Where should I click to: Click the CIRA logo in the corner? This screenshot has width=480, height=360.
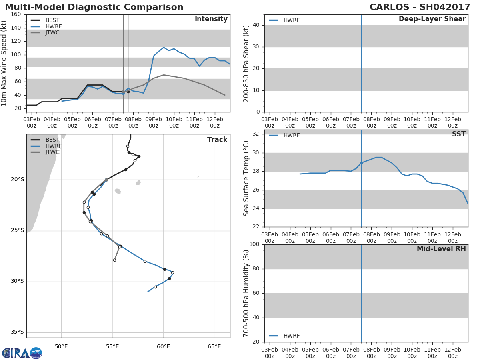22,353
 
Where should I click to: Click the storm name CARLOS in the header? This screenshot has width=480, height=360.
389,7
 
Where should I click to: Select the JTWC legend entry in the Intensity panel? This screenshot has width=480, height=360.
46,33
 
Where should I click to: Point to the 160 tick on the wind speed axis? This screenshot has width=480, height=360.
16,14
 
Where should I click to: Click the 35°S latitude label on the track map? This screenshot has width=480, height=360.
17,332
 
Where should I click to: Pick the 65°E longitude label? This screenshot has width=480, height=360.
214,346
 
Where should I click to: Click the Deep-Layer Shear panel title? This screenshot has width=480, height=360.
432,19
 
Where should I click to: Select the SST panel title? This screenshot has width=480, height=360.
459,134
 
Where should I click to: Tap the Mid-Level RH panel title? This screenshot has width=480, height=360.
441,249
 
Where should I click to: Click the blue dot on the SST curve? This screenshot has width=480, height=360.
361,163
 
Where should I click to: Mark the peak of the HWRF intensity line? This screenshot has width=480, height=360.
164,47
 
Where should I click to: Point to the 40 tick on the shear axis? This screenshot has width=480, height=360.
256,25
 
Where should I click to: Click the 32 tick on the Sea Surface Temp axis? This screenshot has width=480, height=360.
256,134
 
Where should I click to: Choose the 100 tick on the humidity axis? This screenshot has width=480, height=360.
254,244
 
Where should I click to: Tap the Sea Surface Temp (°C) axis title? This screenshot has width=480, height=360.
246,178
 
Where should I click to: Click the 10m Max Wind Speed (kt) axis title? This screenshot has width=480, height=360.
4,63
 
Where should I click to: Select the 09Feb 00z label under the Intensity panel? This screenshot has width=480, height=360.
154,122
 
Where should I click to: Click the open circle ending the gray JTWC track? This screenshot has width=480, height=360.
114,260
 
